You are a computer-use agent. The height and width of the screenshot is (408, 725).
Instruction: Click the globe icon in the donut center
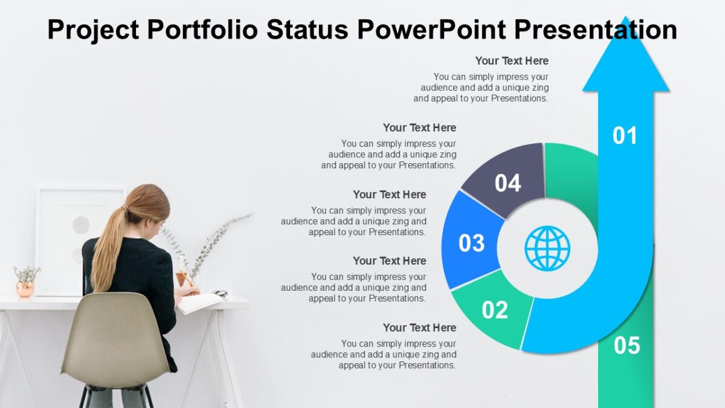click(x=547, y=248)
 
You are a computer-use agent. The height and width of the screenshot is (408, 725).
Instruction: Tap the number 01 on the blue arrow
click(x=625, y=136)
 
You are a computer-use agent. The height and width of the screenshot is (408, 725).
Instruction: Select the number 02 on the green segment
click(x=495, y=310)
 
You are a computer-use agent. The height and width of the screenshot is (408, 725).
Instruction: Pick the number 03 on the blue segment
click(x=472, y=243)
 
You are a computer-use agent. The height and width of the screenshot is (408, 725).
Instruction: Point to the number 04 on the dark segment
click(x=507, y=183)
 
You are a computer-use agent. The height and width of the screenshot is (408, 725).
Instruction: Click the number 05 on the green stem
click(x=627, y=346)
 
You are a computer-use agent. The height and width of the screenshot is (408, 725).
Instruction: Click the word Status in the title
click(x=306, y=30)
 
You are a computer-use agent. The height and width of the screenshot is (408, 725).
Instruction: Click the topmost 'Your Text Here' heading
click(x=512, y=61)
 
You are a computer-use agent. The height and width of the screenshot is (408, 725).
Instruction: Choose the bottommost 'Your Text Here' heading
click(x=419, y=328)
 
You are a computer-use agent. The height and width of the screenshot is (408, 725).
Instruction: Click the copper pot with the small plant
click(x=25, y=289)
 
